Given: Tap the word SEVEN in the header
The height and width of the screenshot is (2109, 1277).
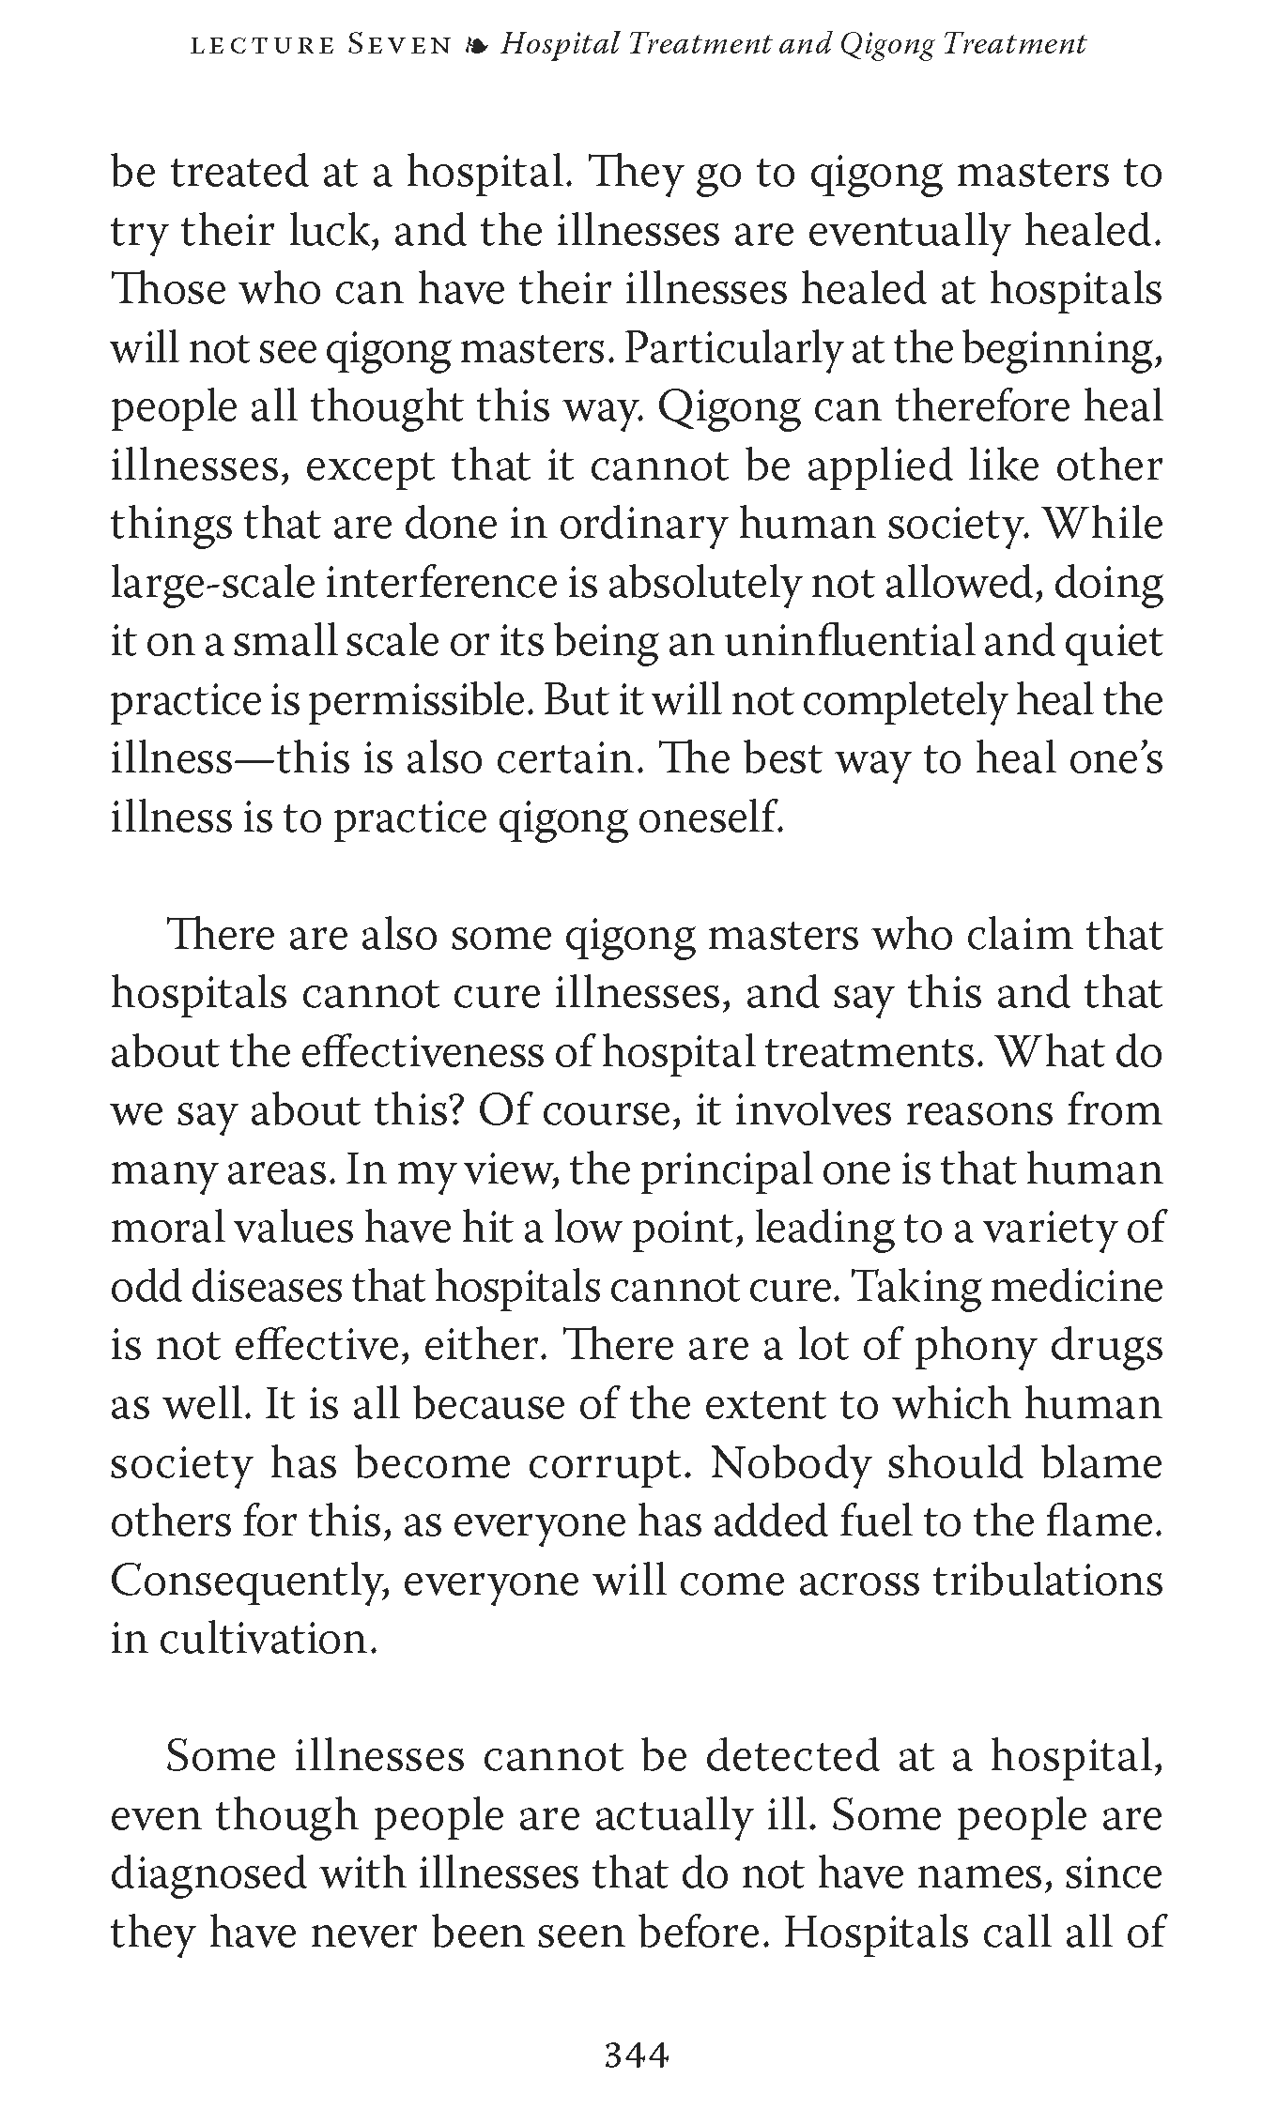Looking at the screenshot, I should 400,45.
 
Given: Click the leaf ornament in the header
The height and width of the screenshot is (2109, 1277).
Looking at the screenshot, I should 477,46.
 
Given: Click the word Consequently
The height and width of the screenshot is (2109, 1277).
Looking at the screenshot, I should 251,1582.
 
